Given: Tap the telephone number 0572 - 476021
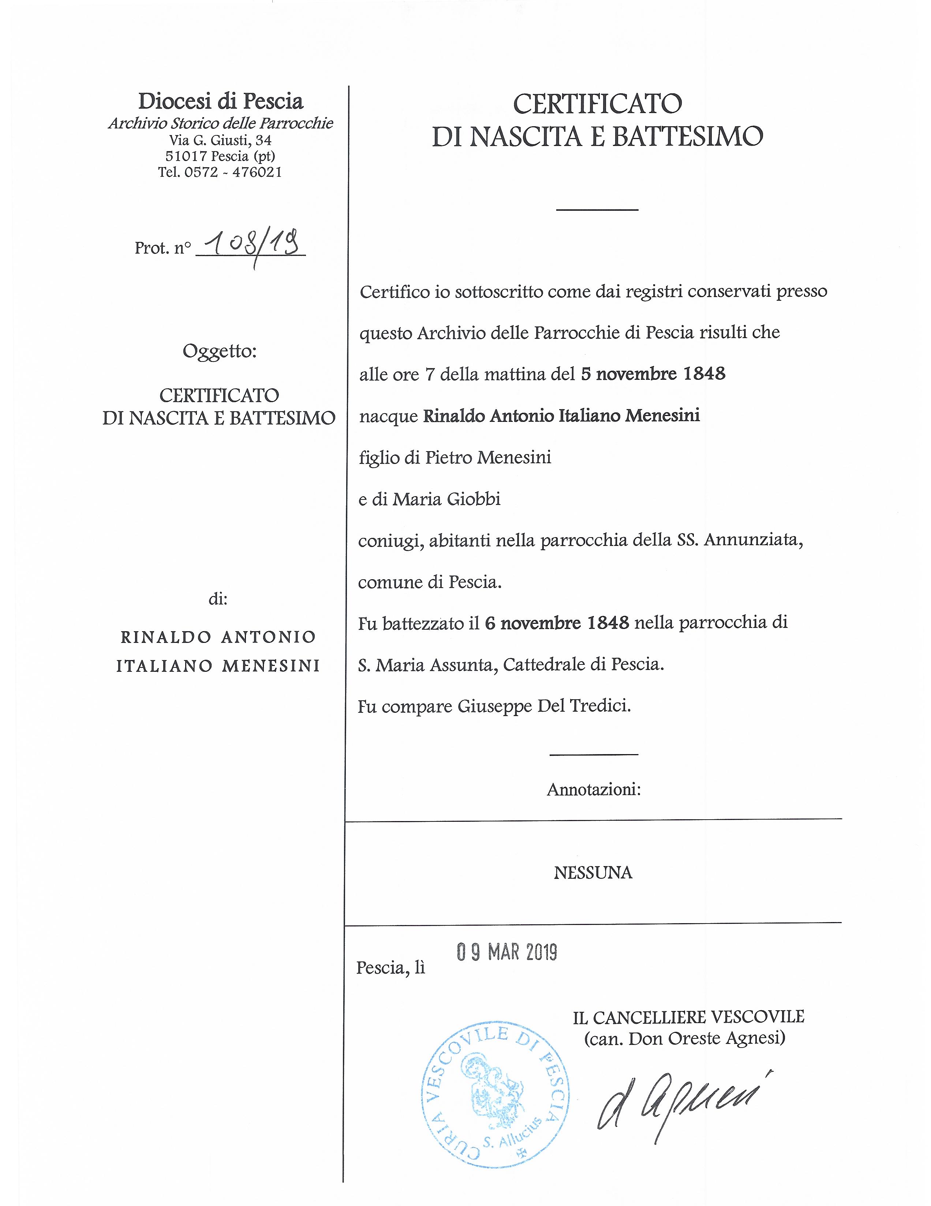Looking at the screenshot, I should tap(233, 172).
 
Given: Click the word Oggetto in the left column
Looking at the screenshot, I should tap(219, 351).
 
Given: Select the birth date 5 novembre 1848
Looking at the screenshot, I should tap(653, 374).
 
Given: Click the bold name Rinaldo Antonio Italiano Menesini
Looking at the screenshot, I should tap(561, 415).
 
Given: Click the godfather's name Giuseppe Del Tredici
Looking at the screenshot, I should tap(543, 706).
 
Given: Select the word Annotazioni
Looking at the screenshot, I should tap(594, 790).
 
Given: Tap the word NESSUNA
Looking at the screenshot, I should tap(593, 873).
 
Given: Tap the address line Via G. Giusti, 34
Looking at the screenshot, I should tap(220, 140).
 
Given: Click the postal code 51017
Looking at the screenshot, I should tap(186, 156).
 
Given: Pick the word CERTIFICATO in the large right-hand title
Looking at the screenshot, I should tap(598, 104).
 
